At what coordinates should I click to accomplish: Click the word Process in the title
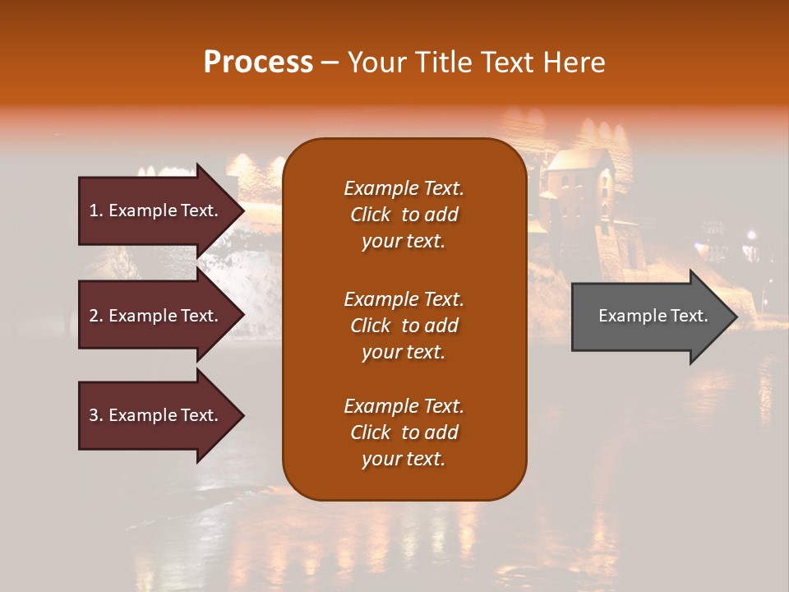tap(258, 62)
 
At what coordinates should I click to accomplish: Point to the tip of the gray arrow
tap(736, 316)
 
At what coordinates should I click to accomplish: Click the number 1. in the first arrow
tap(96, 210)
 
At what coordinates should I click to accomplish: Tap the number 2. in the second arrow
tap(96, 316)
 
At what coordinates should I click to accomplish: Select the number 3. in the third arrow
tap(96, 415)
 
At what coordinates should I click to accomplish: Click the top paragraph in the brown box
tap(404, 215)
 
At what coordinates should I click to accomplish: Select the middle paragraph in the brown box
tap(404, 325)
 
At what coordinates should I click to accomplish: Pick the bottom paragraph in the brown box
tap(404, 432)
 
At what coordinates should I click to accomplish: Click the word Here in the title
tap(576, 62)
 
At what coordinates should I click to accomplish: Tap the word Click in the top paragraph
tap(370, 215)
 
